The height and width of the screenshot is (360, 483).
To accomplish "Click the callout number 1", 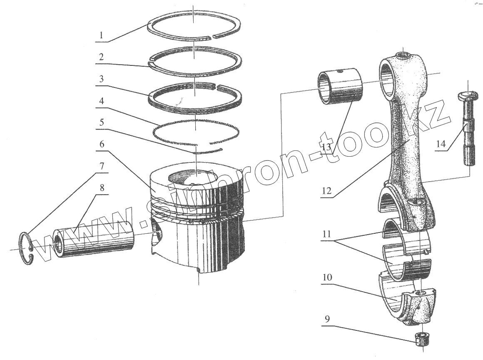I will click(x=101, y=35).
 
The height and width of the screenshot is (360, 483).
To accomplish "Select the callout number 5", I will click(x=101, y=124).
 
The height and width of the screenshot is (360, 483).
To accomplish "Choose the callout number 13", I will click(x=327, y=147).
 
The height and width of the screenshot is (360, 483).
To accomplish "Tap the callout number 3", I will click(x=101, y=79).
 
